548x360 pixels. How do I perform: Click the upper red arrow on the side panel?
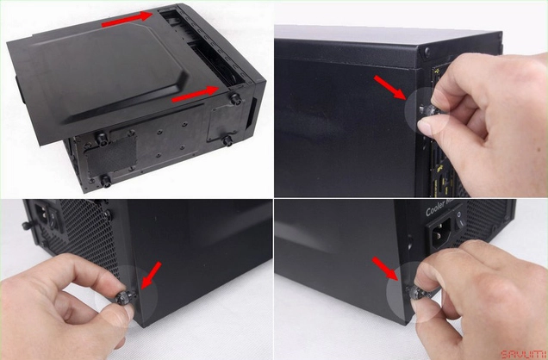(x=126, y=22)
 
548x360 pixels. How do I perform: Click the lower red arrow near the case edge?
(x=195, y=94)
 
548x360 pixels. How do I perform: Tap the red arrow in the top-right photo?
(x=390, y=89)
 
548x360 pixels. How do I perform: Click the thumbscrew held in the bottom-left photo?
(x=122, y=297)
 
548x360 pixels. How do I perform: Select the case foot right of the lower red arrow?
(x=234, y=99)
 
